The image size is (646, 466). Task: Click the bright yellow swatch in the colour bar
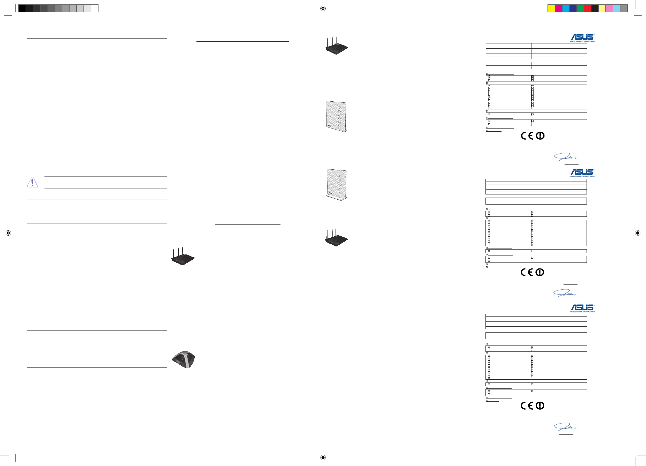click(x=551, y=8)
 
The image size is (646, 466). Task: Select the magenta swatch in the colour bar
click(x=559, y=8)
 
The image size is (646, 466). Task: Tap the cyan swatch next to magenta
click(x=566, y=8)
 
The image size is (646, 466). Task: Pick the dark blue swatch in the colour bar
click(x=573, y=8)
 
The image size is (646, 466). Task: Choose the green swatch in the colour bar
click(x=580, y=8)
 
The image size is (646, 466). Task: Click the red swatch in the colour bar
click(x=587, y=8)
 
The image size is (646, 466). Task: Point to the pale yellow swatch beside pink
click(x=602, y=8)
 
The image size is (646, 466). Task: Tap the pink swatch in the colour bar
click(x=609, y=8)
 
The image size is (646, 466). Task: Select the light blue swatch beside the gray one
click(x=616, y=8)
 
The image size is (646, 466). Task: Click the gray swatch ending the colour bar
click(x=624, y=8)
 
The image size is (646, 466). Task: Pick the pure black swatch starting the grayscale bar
click(x=22, y=8)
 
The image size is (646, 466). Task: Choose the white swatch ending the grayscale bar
click(x=95, y=8)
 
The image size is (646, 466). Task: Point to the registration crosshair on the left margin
click(x=8, y=233)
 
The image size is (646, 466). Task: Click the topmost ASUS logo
click(x=582, y=37)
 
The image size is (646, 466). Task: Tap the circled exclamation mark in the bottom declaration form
click(x=540, y=405)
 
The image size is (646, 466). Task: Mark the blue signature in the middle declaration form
click(x=565, y=293)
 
